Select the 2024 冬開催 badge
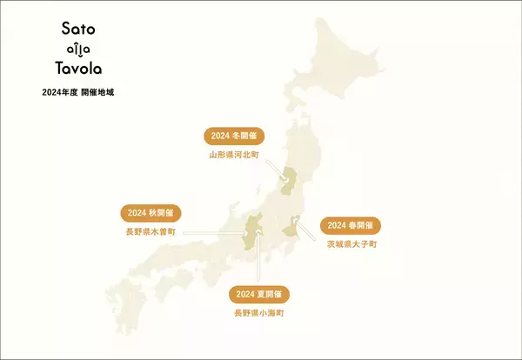tap(233, 137)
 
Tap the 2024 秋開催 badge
tap(151, 213)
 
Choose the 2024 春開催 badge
tap(351, 225)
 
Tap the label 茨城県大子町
tap(351, 244)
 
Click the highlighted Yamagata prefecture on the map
tap(288, 183)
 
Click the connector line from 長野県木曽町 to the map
tap(213, 232)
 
